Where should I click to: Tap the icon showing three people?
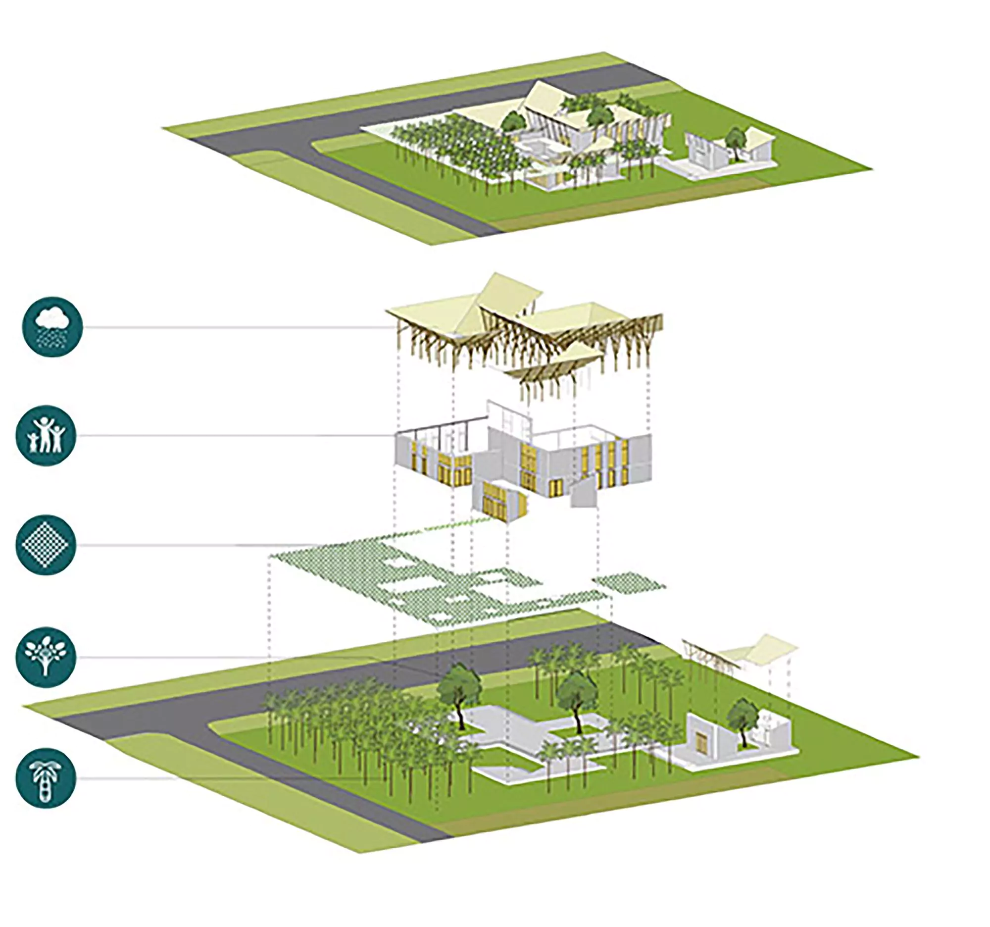pos(46,435)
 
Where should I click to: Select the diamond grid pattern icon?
pos(46,544)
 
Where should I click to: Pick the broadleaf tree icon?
pos(46,657)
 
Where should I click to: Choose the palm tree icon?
pos(46,778)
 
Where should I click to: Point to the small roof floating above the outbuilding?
pos(757,649)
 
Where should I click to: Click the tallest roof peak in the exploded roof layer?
pos(508,289)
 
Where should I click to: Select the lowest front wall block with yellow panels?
pos(500,501)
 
